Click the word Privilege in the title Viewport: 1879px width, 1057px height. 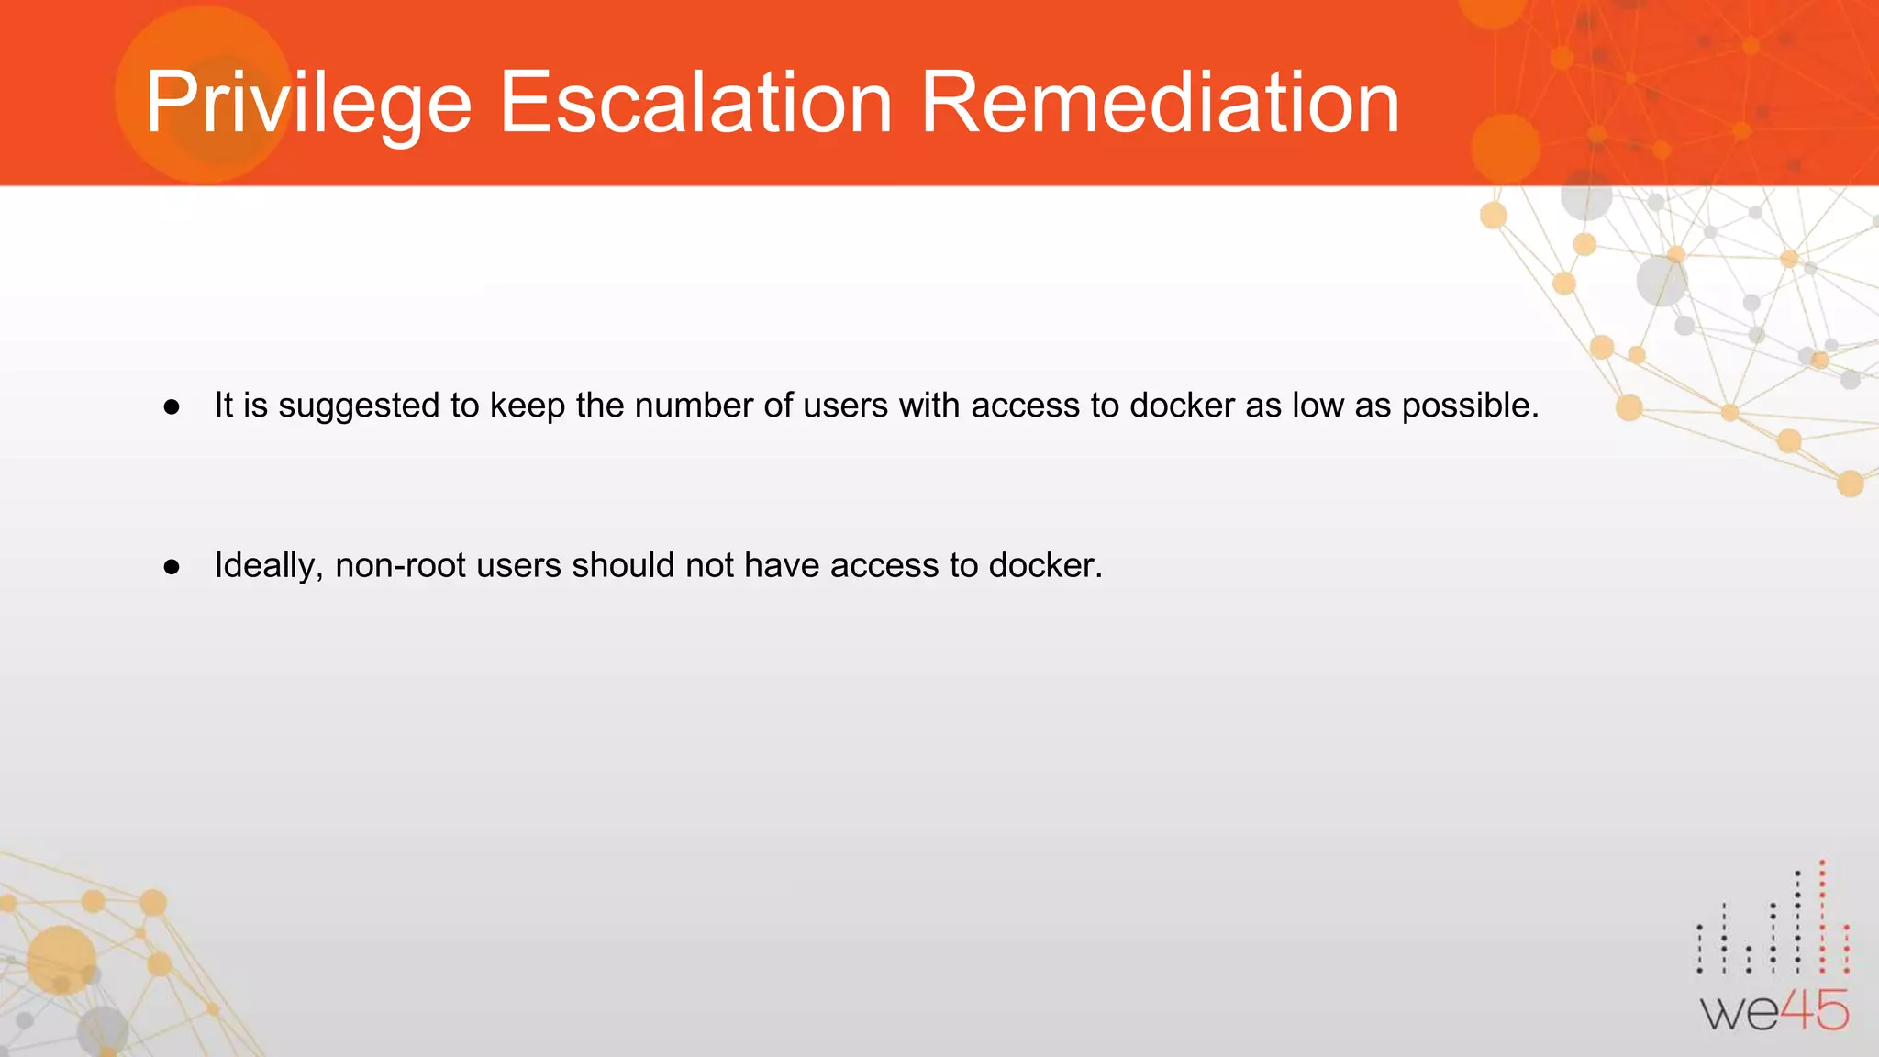pyautogui.click(x=307, y=103)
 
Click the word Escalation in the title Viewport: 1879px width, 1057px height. pyautogui.click(x=695, y=103)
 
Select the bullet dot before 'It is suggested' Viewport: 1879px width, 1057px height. pyautogui.click(x=172, y=406)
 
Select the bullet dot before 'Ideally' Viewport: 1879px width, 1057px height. pyautogui.click(x=172, y=567)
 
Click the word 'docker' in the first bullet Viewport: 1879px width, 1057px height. pyautogui.click(x=1182, y=405)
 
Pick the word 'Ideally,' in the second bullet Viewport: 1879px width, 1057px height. pyautogui.click(x=269, y=566)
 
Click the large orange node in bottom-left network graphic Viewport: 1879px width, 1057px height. pyautogui.click(x=61, y=959)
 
